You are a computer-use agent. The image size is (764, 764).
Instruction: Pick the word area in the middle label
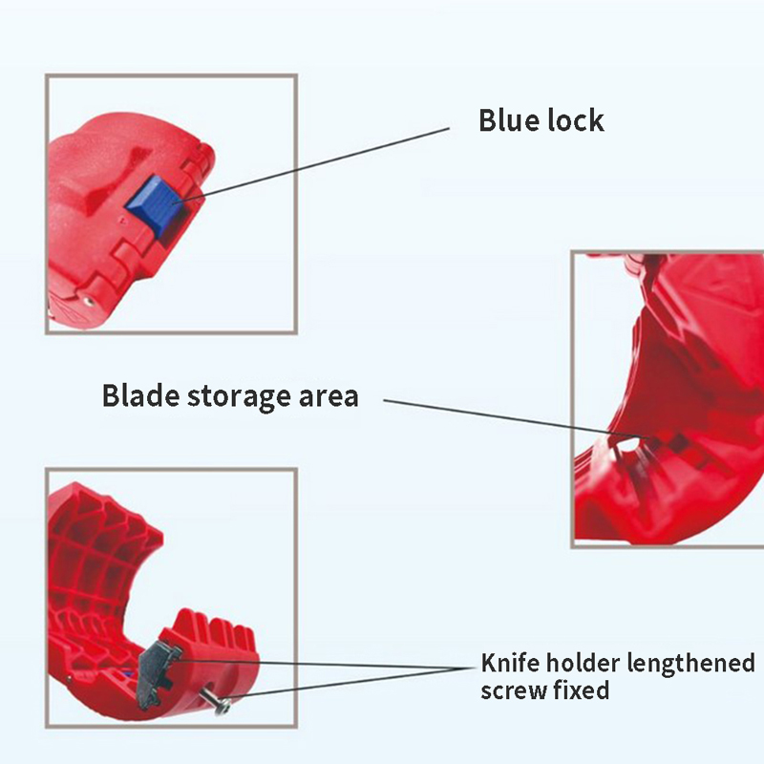(x=325, y=396)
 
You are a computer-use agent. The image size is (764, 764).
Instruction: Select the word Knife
(x=509, y=663)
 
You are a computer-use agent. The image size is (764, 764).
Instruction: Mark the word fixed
(x=582, y=689)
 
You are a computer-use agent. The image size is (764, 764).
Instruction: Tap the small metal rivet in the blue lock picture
(x=88, y=298)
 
